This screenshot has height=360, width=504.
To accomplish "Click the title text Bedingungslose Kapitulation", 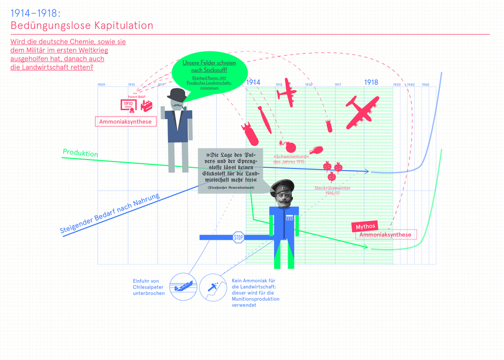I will [x=82, y=25].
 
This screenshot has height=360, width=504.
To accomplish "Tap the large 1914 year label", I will [x=253, y=82].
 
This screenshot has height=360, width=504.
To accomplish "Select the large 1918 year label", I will [x=371, y=82].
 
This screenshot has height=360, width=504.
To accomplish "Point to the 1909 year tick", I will [x=101, y=84].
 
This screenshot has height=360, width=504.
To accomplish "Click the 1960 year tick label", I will [x=425, y=84].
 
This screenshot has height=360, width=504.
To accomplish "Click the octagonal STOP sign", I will [x=238, y=237].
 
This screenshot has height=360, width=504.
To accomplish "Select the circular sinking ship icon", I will [x=183, y=288].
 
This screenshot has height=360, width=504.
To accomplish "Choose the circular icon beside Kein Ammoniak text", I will [x=212, y=288].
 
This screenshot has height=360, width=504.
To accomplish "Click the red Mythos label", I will [x=365, y=226].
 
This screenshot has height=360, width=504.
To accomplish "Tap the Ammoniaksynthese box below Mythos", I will [x=386, y=235].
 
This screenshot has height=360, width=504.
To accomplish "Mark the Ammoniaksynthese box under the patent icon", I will [x=125, y=122].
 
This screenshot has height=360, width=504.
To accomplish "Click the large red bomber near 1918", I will [x=362, y=111].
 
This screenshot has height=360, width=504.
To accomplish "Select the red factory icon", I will [x=146, y=105].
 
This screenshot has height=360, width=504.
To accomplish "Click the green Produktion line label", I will [x=80, y=153].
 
